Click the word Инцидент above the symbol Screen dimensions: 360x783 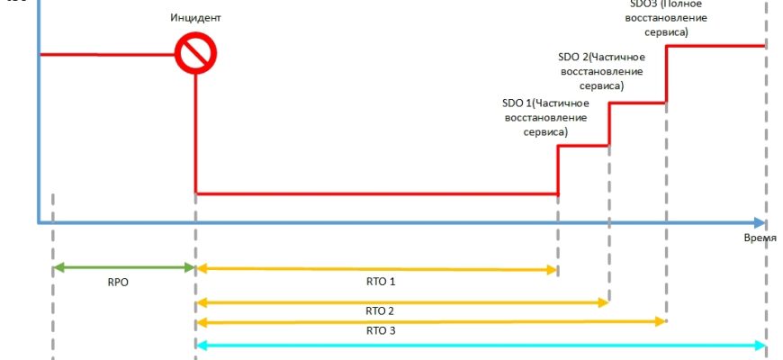tap(195, 17)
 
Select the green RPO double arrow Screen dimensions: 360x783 tap(124, 267)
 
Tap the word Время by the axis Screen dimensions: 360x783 tap(760, 236)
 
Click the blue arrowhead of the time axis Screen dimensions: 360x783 tap(760, 221)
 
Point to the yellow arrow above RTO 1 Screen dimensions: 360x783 tap(376, 268)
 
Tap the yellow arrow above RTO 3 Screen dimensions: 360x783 tap(430, 321)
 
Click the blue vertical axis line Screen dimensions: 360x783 tap(39, 117)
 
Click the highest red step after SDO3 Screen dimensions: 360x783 tap(715, 47)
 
